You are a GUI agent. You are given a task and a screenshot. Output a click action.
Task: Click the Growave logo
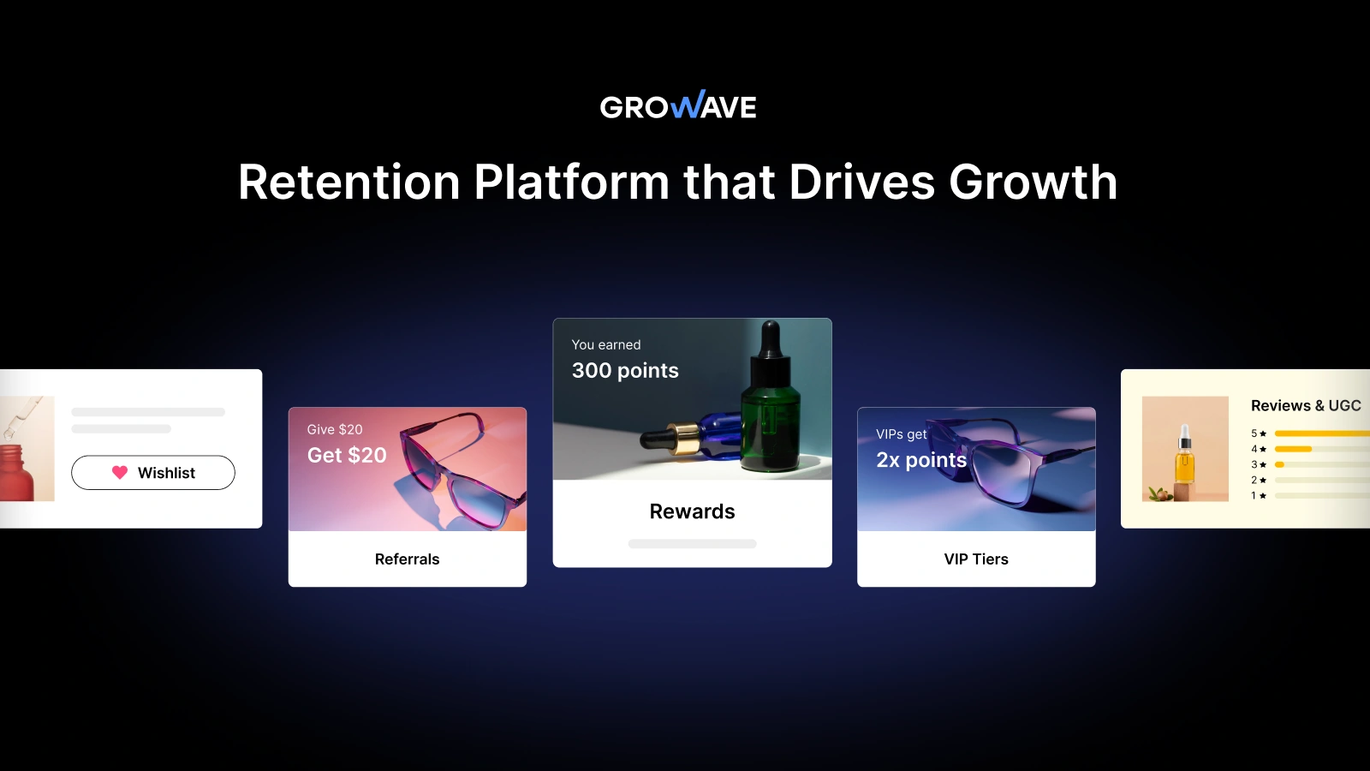[x=677, y=106]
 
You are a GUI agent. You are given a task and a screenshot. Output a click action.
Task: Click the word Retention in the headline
[x=348, y=182]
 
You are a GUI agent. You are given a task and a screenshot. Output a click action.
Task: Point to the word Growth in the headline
[x=1033, y=182]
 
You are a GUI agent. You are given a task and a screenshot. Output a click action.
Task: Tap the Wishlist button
[x=153, y=473]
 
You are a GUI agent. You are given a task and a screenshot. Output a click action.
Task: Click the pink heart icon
[x=120, y=472]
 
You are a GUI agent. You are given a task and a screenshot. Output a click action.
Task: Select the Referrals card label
[x=407, y=559]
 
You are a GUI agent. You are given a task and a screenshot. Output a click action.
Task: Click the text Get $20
[x=347, y=455]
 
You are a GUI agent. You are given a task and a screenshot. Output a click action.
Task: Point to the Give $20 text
[x=335, y=429]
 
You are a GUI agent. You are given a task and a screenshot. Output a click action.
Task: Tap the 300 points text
[x=625, y=371]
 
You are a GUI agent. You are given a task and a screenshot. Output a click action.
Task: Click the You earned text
[x=606, y=344]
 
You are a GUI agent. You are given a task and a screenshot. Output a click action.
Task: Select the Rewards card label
[x=692, y=511]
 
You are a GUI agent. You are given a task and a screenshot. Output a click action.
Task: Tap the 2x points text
[x=921, y=460]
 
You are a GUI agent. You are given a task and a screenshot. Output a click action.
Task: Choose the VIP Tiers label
[x=976, y=559]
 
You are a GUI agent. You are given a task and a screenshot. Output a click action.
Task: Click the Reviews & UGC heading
[x=1306, y=406]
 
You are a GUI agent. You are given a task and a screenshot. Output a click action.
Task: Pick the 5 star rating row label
[x=1258, y=433]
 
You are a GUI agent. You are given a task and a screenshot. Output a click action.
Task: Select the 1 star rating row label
[x=1258, y=495]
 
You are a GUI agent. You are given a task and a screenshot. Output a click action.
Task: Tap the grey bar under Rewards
[x=692, y=544]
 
